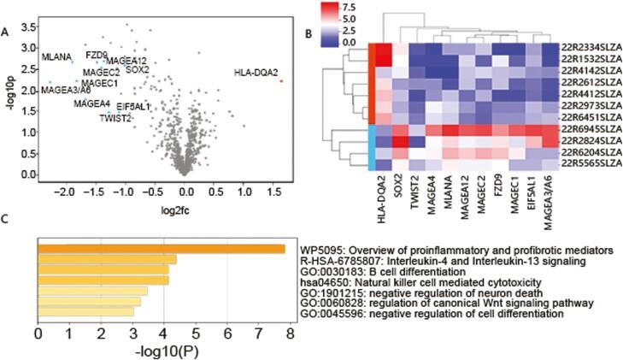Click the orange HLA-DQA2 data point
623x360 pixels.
tap(281, 80)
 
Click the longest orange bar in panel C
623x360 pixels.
tap(162, 249)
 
